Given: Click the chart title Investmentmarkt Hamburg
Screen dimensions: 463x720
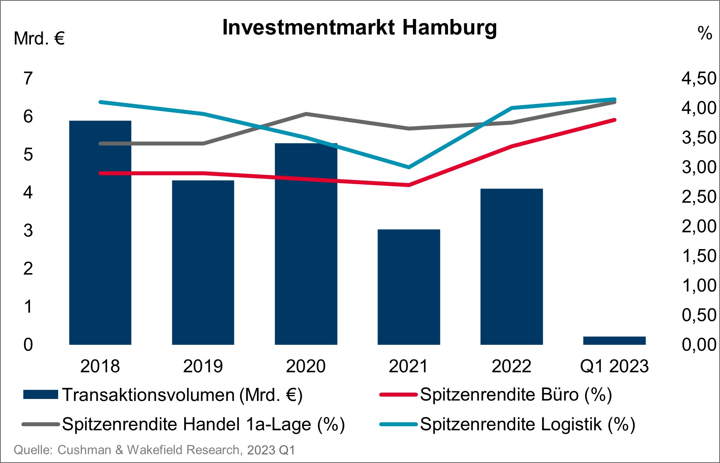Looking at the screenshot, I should tap(359, 28).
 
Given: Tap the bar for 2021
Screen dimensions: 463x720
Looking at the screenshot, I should tap(408, 287).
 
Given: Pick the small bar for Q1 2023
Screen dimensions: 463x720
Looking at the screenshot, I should tap(614, 340).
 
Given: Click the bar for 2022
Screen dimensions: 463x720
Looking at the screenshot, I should tap(511, 267).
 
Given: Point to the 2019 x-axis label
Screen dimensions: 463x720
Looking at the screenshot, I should tap(203, 366).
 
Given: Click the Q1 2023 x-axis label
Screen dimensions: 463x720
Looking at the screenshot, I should tap(614, 366).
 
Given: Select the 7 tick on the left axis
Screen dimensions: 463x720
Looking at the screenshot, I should tap(28, 78).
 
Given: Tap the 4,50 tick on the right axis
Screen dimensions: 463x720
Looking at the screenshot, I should tap(699, 78).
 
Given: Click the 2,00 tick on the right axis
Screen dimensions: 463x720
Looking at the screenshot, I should tap(699, 226).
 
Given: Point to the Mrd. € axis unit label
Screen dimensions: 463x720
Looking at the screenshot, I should tap(39, 39).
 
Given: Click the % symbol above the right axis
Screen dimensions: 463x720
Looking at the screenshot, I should tap(705, 33).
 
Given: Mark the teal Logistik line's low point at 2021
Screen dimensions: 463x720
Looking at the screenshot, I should tap(408, 167).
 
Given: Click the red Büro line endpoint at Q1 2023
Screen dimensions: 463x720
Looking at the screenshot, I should tap(614, 120).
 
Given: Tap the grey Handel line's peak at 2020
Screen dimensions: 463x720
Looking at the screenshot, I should tap(306, 114).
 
